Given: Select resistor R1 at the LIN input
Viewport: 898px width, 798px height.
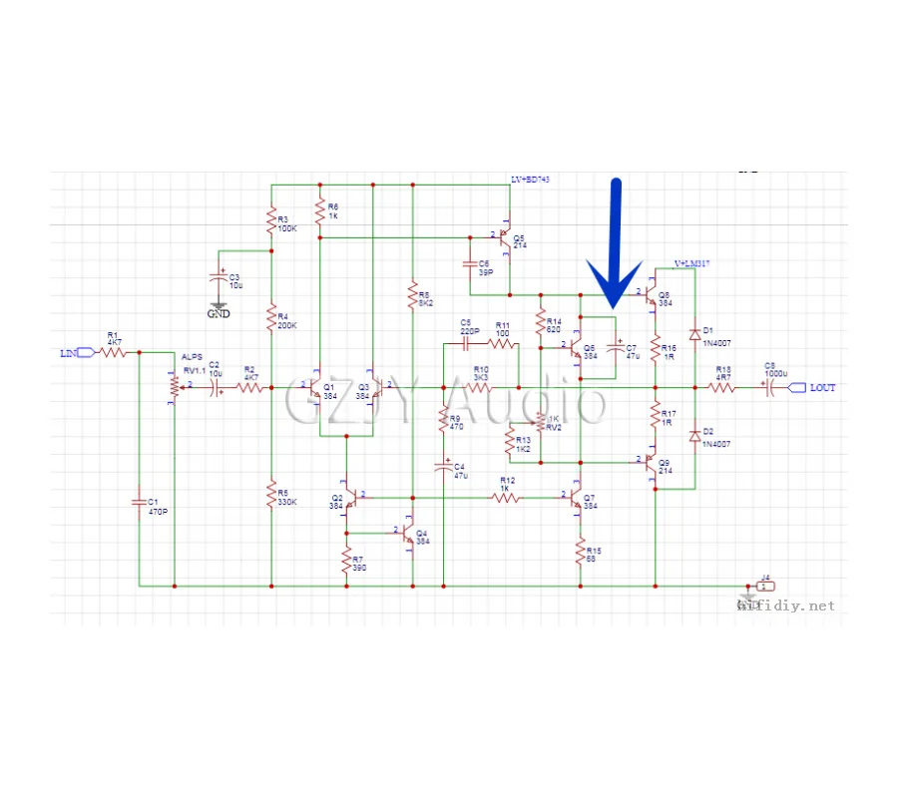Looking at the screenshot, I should (x=114, y=352).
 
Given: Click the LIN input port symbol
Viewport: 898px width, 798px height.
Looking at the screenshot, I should (x=86, y=352).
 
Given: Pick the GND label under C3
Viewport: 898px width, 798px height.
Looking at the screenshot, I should (x=218, y=313).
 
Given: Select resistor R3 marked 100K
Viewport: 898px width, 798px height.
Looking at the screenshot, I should (x=270, y=221).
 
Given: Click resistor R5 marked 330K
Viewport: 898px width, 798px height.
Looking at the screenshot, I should (x=270, y=495).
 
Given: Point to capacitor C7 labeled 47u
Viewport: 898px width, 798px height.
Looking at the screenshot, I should (x=617, y=350).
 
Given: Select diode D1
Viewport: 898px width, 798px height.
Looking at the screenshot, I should (x=694, y=334).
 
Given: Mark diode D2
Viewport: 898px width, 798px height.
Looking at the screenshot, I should (x=694, y=435).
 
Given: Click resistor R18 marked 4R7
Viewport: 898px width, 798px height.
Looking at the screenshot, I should (x=722, y=388).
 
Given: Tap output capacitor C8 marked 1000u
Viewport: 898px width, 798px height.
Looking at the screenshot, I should (x=769, y=388).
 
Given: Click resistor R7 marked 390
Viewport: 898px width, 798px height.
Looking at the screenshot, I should (x=346, y=562).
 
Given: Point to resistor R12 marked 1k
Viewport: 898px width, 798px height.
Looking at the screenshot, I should (x=507, y=496).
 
